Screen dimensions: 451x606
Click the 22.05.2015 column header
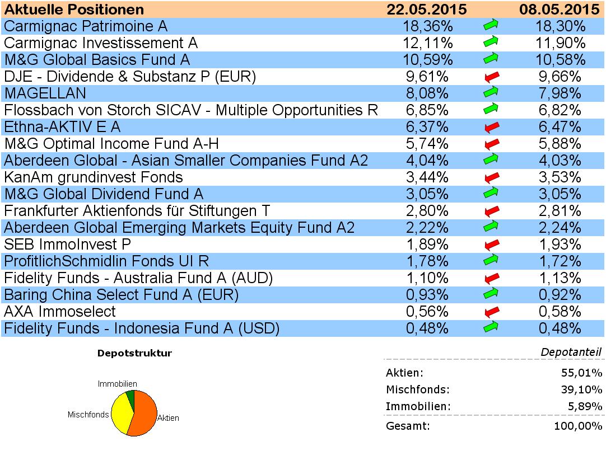click(427, 10)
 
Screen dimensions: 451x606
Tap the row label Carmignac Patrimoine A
click(86, 26)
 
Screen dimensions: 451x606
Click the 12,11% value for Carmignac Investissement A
click(427, 43)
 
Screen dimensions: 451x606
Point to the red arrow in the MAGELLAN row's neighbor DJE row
click(491, 77)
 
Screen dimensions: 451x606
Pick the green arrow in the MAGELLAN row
click(491, 93)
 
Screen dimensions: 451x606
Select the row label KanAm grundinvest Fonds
click(94, 177)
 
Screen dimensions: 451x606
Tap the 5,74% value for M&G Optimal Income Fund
click(427, 144)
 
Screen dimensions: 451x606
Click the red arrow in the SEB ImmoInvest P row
click(491, 245)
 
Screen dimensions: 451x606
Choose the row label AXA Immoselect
click(60, 312)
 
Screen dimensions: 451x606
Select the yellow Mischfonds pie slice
click(120, 414)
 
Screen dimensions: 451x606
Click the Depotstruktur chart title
click(134, 353)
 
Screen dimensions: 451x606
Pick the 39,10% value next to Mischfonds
click(583, 390)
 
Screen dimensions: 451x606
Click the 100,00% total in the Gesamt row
click(580, 426)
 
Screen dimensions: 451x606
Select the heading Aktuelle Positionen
click(74, 10)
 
